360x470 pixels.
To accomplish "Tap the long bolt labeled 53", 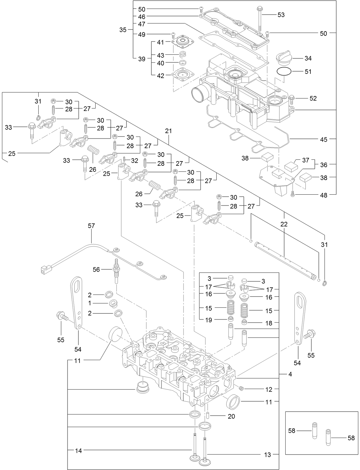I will coord(260,19).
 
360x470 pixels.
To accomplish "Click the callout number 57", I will coord(91,226).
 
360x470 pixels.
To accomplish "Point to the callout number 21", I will coord(169,131).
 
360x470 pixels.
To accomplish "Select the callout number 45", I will coord(323,139).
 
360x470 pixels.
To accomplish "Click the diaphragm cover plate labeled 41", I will coord(183,42).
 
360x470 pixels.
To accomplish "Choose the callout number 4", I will coord(290,374).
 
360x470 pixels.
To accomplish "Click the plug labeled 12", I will coord(241,388).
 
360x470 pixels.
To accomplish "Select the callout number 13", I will coord(267,455).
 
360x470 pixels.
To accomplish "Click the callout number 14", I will coord(78,451).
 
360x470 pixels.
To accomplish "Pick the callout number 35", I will coord(123,30).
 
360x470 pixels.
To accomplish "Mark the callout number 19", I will coord(209,320).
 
